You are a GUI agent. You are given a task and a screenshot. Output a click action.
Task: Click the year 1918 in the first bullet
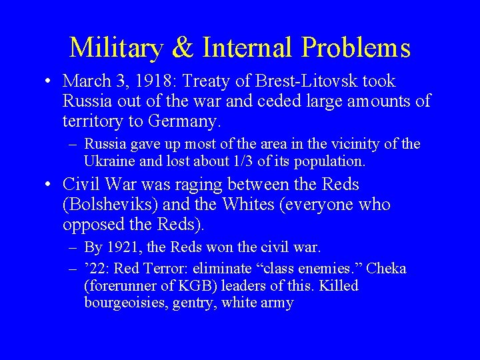(x=146, y=81)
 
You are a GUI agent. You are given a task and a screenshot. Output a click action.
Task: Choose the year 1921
(x=117, y=247)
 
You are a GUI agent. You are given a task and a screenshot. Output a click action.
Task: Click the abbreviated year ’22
(x=93, y=268)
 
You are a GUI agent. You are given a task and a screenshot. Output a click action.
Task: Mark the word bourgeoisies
(x=126, y=303)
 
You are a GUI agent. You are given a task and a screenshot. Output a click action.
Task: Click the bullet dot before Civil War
(x=50, y=185)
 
